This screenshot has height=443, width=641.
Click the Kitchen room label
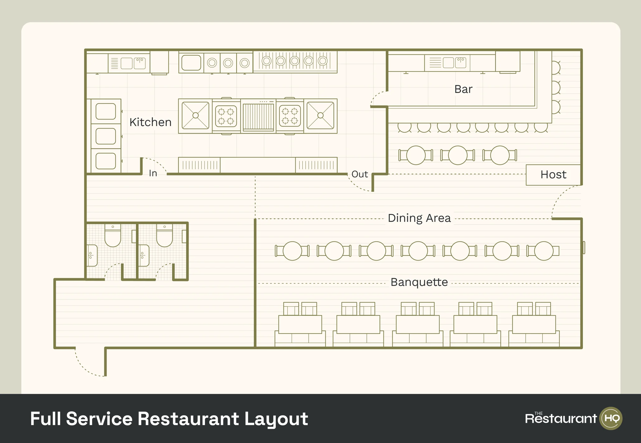[150, 122]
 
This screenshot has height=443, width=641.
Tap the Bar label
[463, 89]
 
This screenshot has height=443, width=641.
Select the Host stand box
[553, 175]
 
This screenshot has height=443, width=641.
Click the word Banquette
[419, 282]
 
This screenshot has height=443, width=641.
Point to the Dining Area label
[419, 218]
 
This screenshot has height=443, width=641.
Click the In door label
[153, 173]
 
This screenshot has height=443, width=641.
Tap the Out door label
[359, 174]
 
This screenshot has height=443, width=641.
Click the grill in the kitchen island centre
[258, 116]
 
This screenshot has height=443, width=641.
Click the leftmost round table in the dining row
[292, 251]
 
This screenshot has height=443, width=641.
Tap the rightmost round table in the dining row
[544, 251]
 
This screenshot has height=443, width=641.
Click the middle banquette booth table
[418, 324]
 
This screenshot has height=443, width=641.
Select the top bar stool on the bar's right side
[556, 68]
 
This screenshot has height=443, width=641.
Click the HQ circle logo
[611, 418]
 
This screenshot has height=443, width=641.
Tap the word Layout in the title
[276, 419]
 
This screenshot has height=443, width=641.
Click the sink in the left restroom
[92, 255]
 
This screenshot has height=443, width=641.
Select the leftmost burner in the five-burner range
[266, 61]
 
